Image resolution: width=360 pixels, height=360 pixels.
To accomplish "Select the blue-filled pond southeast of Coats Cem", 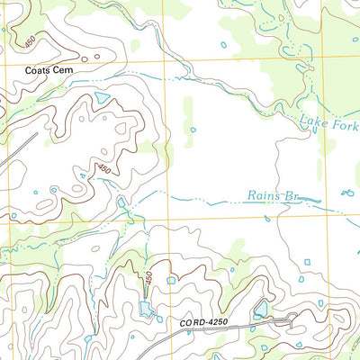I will pos(101,95).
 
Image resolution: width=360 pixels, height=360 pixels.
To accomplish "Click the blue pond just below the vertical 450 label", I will pos(144,310).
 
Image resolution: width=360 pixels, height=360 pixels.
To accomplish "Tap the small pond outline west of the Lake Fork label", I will pos(193,129).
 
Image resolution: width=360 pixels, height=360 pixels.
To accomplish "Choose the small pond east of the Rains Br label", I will pos(347,193).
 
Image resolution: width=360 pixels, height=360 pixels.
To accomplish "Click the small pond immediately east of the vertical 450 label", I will pos(170,280).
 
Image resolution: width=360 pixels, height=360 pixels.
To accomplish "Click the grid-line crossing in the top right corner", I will pos(321,58).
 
